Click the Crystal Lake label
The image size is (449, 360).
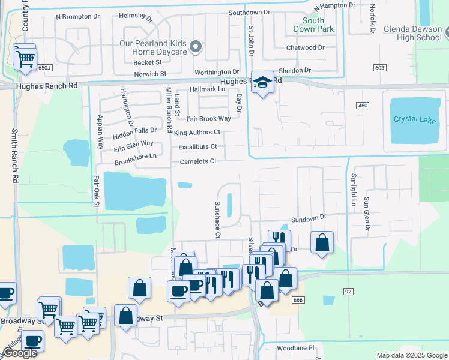pyautogui.click(x=414, y=119)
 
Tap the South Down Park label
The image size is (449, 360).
pyautogui.click(x=313, y=25)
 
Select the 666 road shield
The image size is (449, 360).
pyautogui.click(x=297, y=299)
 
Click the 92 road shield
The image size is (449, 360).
pyautogui.click(x=348, y=291)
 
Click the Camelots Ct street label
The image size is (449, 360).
pyautogui.click(x=197, y=161)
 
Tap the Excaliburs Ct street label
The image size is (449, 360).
pyautogui.click(x=197, y=146)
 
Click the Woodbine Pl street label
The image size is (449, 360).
pyautogui.click(x=295, y=347)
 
